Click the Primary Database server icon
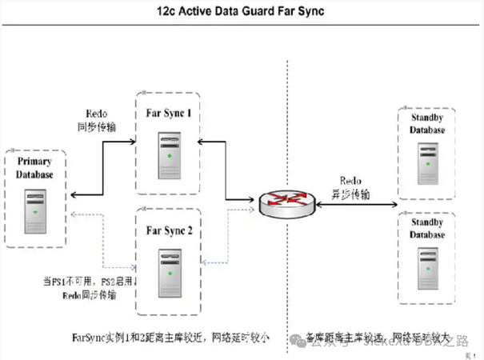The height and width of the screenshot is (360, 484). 35,210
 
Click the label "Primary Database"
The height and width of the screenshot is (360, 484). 34,168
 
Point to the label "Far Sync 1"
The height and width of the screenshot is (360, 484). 168,114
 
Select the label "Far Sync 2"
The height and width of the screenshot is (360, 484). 169,231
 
